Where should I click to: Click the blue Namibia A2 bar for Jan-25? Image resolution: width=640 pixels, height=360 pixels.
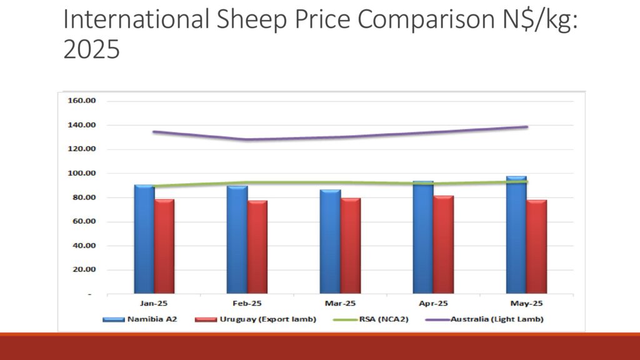click(x=144, y=241)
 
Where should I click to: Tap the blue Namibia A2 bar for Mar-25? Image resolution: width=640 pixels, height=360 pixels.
click(x=331, y=242)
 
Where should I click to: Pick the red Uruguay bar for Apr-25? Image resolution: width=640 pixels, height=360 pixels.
click(x=444, y=246)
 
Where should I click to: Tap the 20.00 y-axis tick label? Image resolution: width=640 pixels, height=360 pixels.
click(x=84, y=270)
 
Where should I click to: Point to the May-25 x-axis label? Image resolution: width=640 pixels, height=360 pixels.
click(x=526, y=304)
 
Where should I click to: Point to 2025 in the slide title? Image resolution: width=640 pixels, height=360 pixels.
click(x=91, y=49)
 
